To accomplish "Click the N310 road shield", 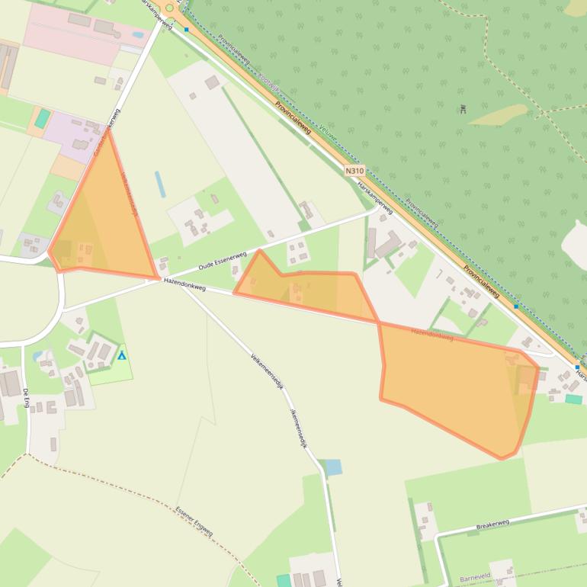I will pos(354,171).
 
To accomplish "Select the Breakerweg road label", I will pos(492,524).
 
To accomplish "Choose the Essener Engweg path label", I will pos(194,521).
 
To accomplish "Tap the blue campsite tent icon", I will pos(121,355).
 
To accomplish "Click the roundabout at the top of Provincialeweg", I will pos(169,8).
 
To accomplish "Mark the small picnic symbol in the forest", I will pos(463,109).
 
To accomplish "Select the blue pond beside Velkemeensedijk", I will pos(333,467).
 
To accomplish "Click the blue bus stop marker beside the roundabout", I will pos(186,29).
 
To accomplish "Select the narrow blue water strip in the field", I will pos(160,184).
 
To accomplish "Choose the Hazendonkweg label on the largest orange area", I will pos(432,334).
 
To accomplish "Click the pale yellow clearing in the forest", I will pos(499,114).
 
